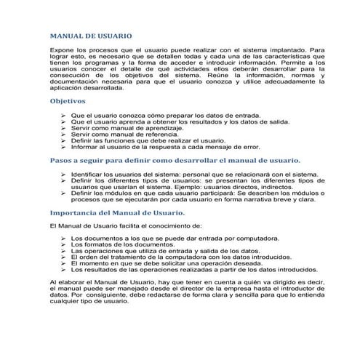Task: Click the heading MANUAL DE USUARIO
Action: pos(91,35)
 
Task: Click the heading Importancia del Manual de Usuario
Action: pos(116,212)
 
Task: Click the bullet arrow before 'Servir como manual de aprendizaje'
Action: pos(64,127)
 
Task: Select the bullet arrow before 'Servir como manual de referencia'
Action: pos(64,134)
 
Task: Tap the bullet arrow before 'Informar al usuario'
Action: pos(64,147)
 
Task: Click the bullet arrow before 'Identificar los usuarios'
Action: pos(64,175)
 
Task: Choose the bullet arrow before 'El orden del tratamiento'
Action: pos(64,257)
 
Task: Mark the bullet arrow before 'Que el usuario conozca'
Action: pos(64,114)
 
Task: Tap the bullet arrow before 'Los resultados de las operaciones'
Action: pos(64,270)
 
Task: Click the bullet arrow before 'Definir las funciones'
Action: pos(64,140)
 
